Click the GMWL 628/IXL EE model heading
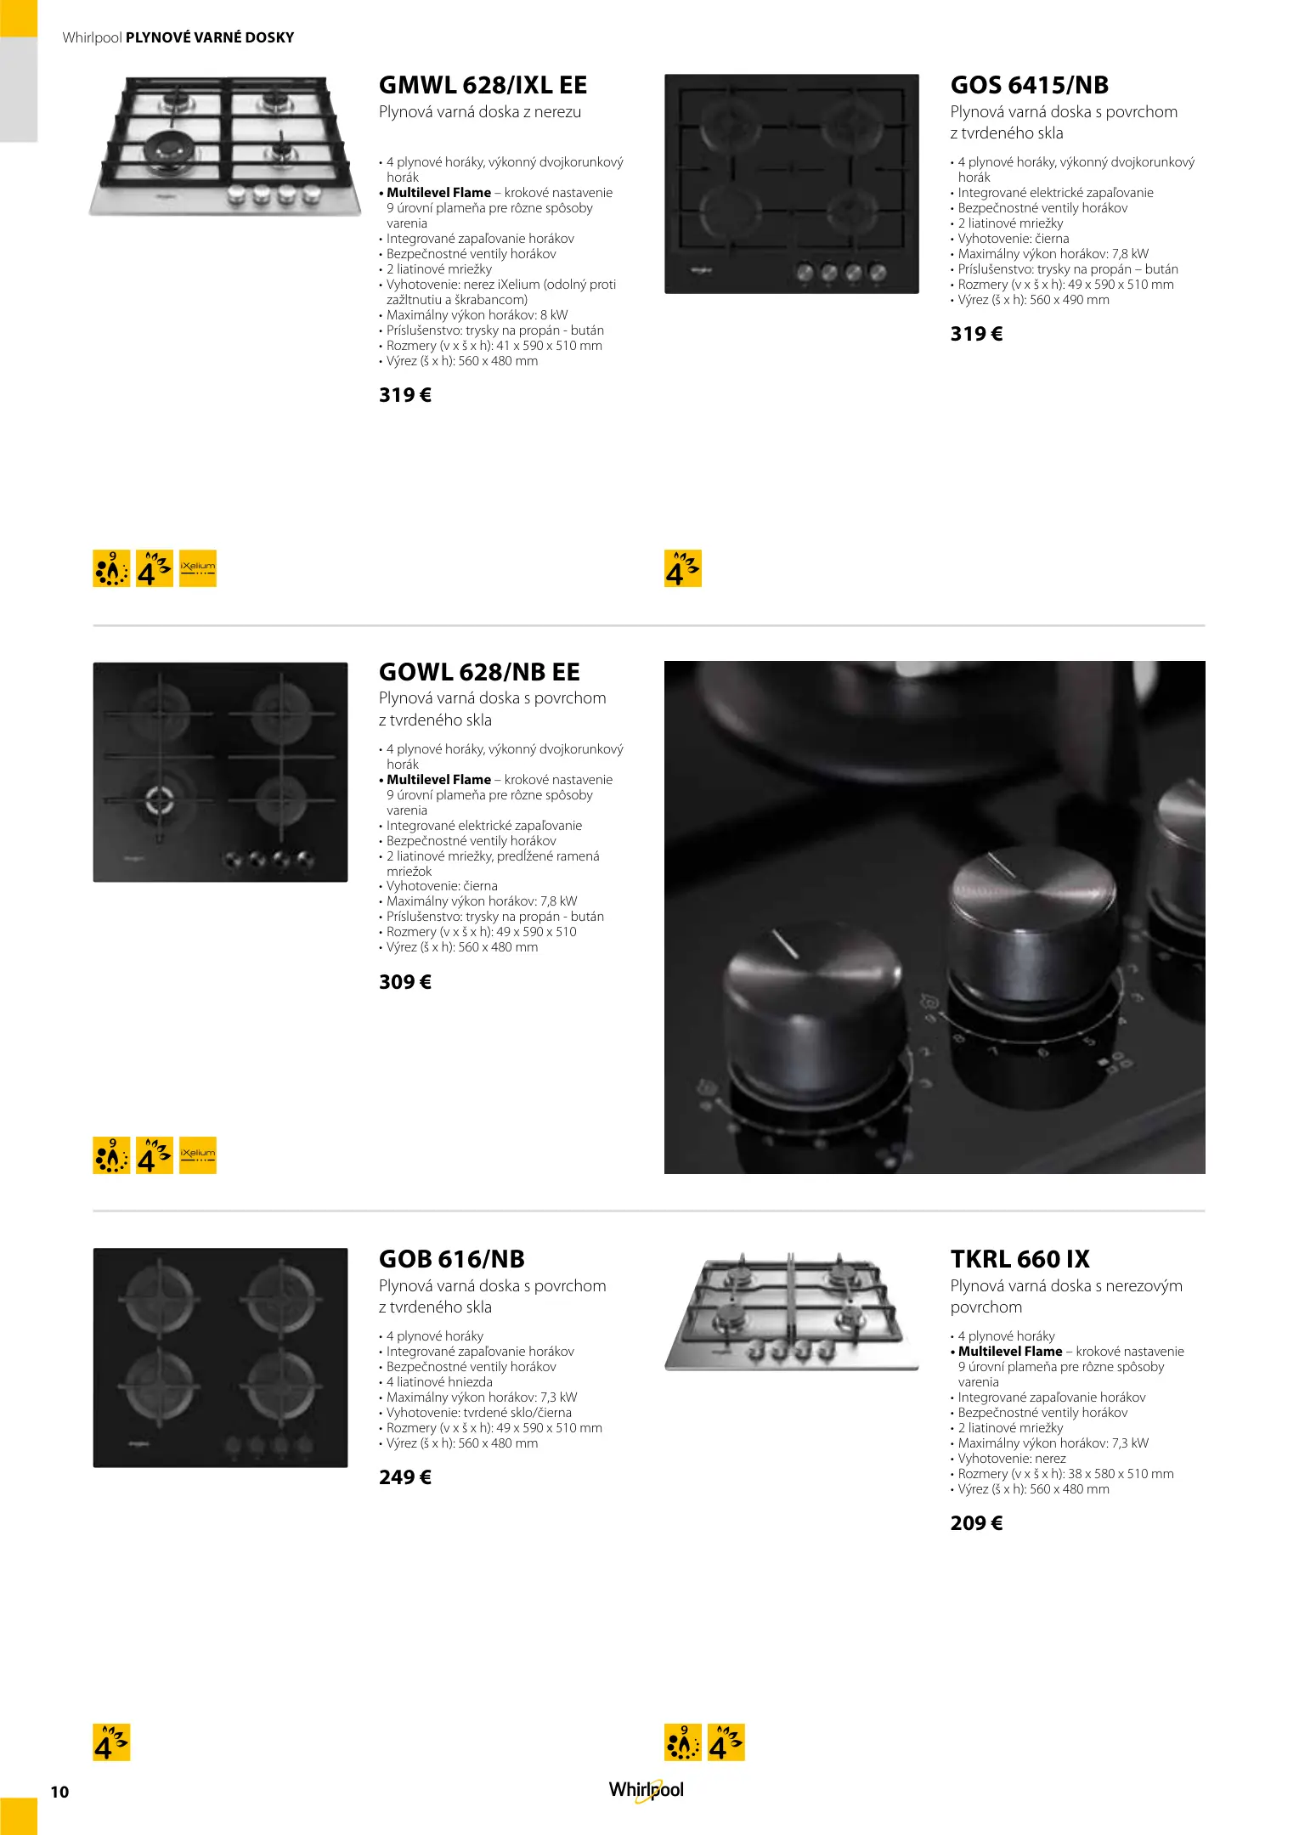(x=483, y=85)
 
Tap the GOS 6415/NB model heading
(x=1029, y=85)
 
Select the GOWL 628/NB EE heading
(x=479, y=672)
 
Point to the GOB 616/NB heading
(x=452, y=1259)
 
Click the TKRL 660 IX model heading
(x=1019, y=1259)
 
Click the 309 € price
(x=405, y=982)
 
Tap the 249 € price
(x=405, y=1477)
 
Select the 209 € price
(x=976, y=1523)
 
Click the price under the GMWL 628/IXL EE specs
(x=405, y=395)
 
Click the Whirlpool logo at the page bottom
(x=646, y=1790)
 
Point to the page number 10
(x=59, y=1792)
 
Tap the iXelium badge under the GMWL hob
(x=198, y=568)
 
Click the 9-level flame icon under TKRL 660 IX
(x=683, y=1742)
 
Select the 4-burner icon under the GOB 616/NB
(x=111, y=1742)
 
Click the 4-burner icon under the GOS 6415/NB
(x=683, y=568)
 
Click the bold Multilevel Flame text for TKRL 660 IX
(x=1010, y=1352)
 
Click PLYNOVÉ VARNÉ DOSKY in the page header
(x=210, y=37)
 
